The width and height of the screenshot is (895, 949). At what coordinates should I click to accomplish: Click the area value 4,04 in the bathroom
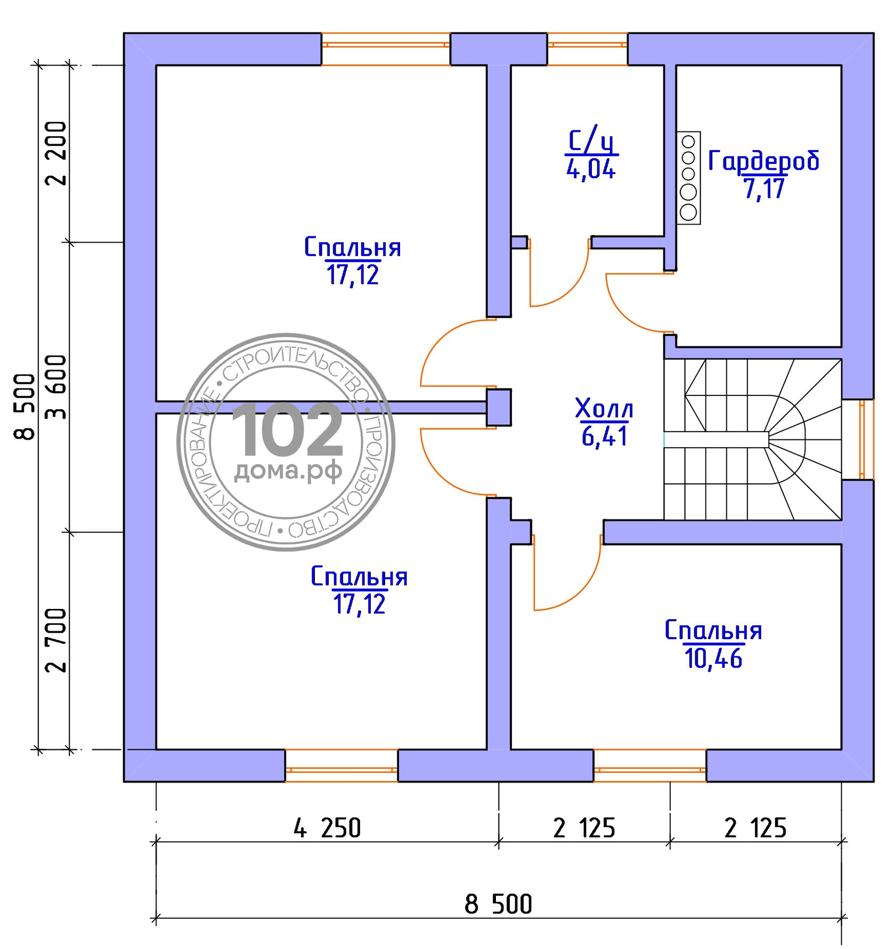591,170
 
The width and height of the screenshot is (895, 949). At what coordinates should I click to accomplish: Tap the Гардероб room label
763,161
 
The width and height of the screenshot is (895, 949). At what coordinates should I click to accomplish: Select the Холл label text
604,408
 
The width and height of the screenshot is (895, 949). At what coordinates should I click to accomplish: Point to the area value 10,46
713,658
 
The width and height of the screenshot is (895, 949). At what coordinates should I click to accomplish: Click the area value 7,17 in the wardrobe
764,188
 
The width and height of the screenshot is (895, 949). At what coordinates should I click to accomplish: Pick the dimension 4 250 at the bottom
327,828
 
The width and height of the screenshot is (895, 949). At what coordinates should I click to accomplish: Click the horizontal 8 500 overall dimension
498,904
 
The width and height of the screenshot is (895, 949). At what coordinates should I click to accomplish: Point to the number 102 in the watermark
287,430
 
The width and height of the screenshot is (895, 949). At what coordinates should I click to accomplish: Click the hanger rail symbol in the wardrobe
688,178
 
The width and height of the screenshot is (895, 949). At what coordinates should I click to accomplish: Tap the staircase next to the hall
752,439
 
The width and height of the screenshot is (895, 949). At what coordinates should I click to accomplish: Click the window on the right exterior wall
866,440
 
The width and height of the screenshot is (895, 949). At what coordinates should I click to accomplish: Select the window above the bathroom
587,49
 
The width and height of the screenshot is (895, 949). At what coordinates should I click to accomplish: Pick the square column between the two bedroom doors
499,407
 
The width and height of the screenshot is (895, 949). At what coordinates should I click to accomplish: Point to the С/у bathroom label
591,141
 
